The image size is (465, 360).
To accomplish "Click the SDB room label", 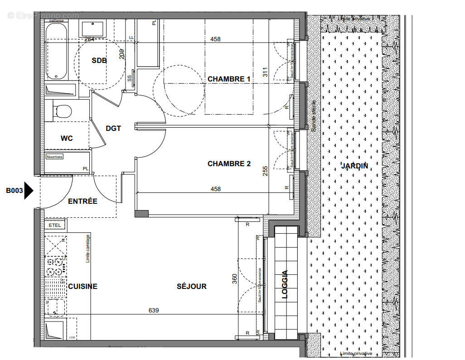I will (x=99, y=61).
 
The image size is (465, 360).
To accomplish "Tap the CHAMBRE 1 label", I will (x=229, y=79).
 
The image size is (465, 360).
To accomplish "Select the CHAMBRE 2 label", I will (x=229, y=163).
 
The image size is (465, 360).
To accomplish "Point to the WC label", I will (x=67, y=138).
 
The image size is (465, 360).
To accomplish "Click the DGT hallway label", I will (x=113, y=128).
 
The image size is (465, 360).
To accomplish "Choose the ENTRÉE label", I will (x=82, y=201).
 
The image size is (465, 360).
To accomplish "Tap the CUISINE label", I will (x=82, y=286).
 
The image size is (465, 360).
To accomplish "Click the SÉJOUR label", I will (x=191, y=286).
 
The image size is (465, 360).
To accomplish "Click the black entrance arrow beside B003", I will (x=29, y=191).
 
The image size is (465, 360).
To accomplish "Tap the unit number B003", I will (x=14, y=191).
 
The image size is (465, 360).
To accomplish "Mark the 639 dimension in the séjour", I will (x=154, y=310).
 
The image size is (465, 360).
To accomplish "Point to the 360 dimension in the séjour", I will (x=234, y=278).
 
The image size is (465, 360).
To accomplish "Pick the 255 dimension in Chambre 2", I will (x=265, y=171).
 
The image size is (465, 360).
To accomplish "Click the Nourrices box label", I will (x=55, y=157).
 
